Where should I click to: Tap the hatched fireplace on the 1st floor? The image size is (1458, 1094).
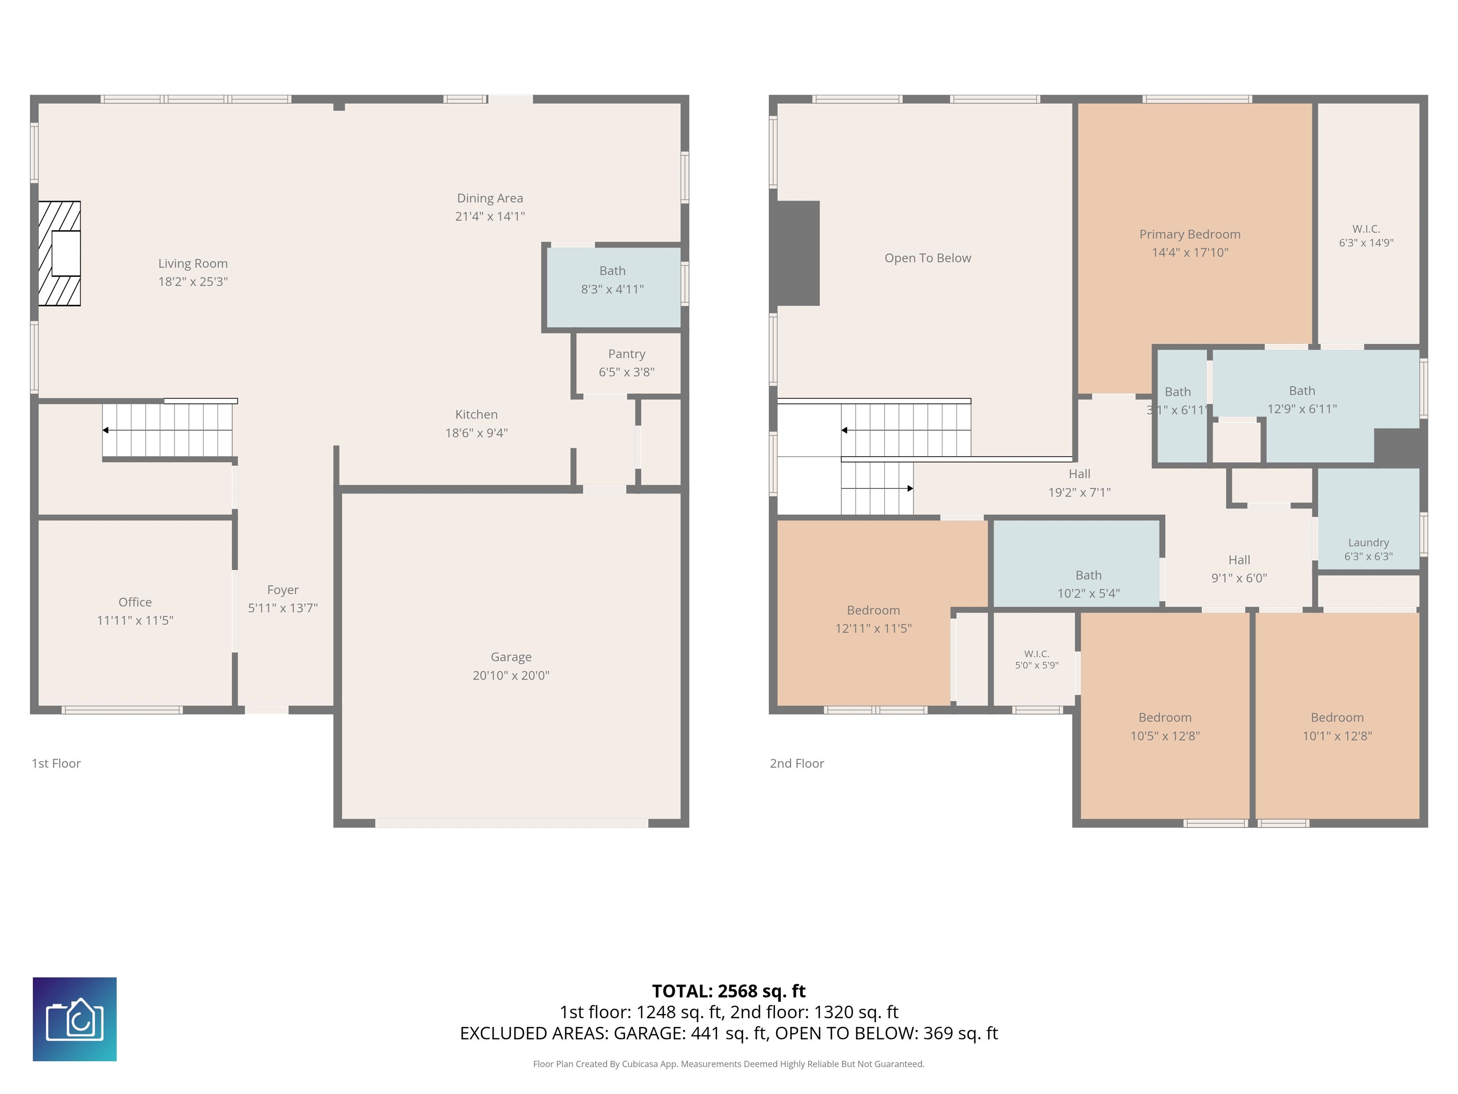click(59, 253)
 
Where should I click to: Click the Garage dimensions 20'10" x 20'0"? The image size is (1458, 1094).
click(511, 675)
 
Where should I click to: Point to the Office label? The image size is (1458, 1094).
click(135, 602)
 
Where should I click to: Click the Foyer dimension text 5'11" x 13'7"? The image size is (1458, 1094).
click(283, 608)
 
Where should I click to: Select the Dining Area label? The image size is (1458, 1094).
click(490, 198)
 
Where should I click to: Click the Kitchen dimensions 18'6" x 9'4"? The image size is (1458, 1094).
click(477, 433)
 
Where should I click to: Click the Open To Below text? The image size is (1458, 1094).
click(927, 258)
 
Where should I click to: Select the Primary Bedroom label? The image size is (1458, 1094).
click(1190, 234)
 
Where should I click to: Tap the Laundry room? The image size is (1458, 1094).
click(1368, 519)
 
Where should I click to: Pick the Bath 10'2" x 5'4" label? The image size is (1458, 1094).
click(1088, 584)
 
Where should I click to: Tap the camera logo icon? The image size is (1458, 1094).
click(75, 1019)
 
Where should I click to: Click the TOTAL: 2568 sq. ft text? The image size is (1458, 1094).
click(729, 991)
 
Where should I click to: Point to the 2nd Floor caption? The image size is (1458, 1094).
click(797, 763)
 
